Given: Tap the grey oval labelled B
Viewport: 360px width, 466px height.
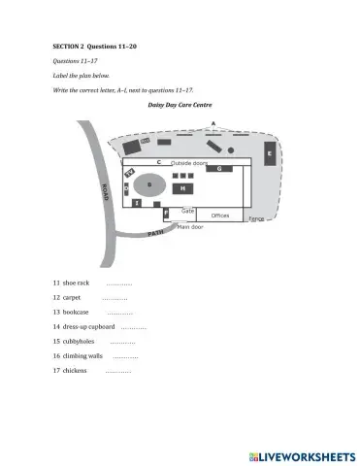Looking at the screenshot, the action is coord(149,183).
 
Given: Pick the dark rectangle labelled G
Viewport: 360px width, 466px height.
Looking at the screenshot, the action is coord(218,168).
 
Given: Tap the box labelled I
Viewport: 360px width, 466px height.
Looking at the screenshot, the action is coord(138,203).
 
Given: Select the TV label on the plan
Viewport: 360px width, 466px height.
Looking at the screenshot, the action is coord(130,172).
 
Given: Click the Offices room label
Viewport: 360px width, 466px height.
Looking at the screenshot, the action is coord(220,216).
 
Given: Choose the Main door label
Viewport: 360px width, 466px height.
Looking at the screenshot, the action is coord(190,227).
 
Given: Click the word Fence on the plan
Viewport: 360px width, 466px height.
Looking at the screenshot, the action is coord(256,219).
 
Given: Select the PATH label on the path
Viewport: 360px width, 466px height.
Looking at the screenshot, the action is coord(156,233).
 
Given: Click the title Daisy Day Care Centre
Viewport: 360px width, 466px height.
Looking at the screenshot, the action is coord(180,105).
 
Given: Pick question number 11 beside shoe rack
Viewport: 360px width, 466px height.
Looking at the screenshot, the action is coord(56,283).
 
